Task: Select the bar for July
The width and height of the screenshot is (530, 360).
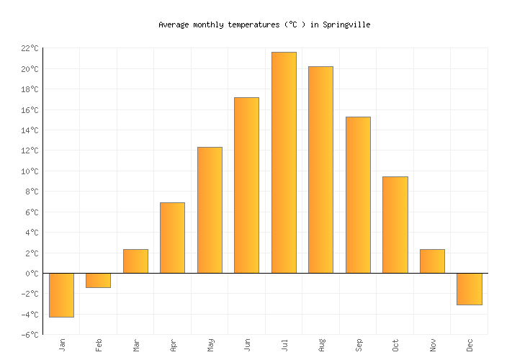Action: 284,163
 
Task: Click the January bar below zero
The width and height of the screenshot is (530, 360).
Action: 61,295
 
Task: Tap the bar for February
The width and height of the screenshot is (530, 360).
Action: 98,281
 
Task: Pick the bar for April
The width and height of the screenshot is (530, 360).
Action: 172,238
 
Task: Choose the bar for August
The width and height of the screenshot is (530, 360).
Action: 320,170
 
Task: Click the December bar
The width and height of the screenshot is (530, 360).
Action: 469,289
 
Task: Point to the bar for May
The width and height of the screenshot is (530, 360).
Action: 210,210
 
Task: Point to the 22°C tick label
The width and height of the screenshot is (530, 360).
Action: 30,48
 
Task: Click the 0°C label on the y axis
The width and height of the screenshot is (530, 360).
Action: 32,274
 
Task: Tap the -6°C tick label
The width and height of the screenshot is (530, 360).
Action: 30,335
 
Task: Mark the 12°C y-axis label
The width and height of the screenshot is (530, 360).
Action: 30,151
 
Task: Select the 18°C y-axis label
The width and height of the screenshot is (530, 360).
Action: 30,90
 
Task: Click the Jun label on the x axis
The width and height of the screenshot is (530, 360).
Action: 247,345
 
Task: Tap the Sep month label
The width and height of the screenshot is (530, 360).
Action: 359,345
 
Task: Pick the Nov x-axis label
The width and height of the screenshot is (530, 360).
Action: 433,345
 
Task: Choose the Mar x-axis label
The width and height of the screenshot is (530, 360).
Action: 136,345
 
